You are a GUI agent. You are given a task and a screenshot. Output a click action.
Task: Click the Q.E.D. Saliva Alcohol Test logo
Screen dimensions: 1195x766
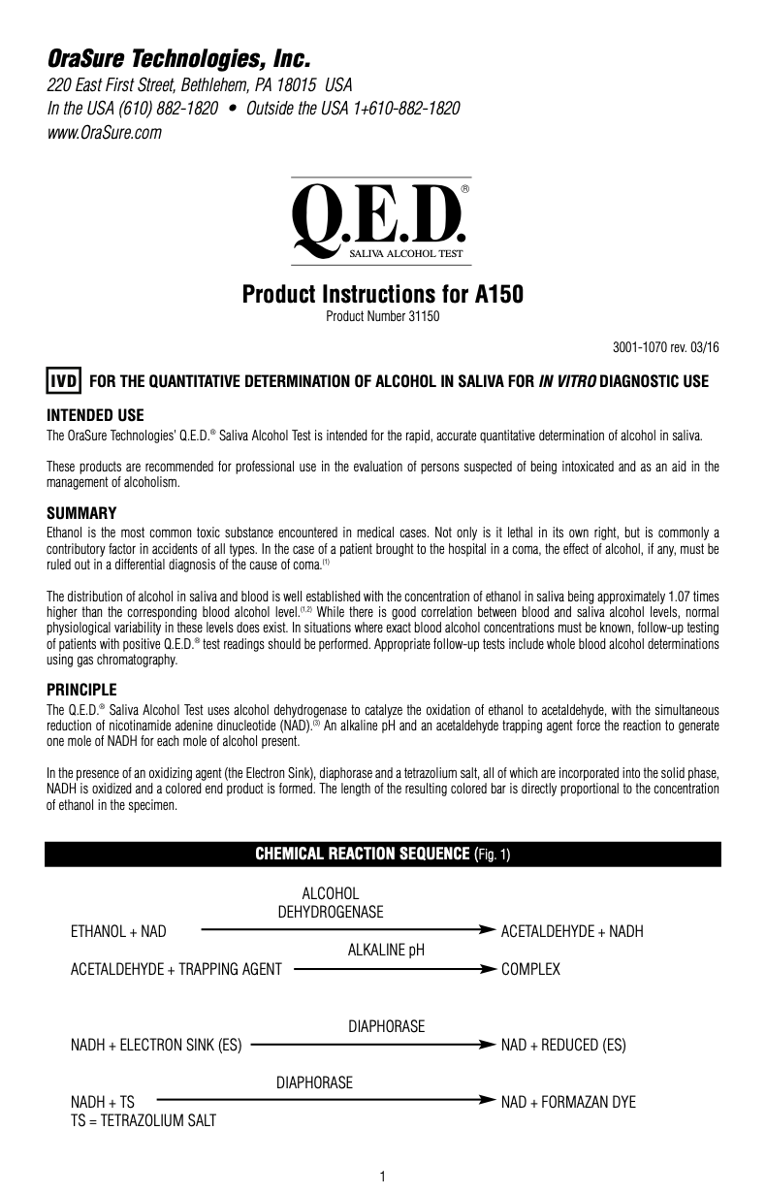point(381,222)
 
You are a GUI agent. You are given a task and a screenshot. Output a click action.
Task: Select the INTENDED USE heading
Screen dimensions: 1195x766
point(95,414)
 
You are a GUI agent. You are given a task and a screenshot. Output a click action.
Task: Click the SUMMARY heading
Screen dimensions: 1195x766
point(81,512)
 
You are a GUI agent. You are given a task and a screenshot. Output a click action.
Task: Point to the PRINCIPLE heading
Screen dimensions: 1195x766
point(81,690)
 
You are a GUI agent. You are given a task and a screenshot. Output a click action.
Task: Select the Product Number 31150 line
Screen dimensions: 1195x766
point(382,316)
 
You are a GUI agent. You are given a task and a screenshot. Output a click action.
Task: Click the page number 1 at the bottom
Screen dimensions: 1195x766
point(383,1177)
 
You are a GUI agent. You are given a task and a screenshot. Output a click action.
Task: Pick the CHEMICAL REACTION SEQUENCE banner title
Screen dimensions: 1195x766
point(383,854)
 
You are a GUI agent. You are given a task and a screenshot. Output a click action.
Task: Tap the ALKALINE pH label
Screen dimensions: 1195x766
point(386,951)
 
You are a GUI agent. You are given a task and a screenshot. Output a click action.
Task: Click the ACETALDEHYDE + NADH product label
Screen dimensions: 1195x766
point(571,932)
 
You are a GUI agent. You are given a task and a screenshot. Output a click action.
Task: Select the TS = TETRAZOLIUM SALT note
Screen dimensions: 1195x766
point(144,1121)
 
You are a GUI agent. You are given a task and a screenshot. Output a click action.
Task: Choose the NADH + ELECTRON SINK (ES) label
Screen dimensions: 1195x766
point(156,1046)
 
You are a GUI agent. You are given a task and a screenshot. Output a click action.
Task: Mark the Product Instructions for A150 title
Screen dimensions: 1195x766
point(382,294)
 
